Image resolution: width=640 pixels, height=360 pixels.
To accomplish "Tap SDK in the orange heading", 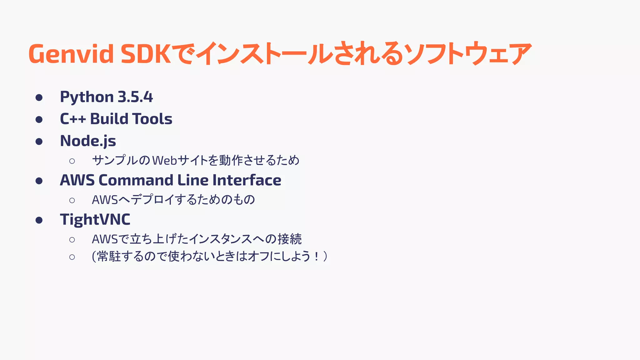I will point(146,54).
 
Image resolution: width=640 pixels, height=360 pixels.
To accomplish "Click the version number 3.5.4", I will point(135,97).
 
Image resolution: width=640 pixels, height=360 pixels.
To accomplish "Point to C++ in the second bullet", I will point(72,119).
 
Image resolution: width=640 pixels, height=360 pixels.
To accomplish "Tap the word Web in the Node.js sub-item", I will point(165,161).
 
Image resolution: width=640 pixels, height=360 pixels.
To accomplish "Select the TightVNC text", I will point(95,219).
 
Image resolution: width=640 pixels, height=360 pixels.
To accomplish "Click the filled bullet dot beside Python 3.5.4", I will point(39,97).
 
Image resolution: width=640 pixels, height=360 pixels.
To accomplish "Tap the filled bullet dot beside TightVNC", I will point(39,220).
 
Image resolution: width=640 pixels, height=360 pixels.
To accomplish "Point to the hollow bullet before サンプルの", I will point(72,161).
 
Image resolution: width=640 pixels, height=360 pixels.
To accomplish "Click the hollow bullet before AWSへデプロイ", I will point(72,200).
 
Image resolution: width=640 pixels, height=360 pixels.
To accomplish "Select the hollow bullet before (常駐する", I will point(72,257).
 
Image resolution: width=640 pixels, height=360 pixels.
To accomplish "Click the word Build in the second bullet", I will point(109,119).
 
